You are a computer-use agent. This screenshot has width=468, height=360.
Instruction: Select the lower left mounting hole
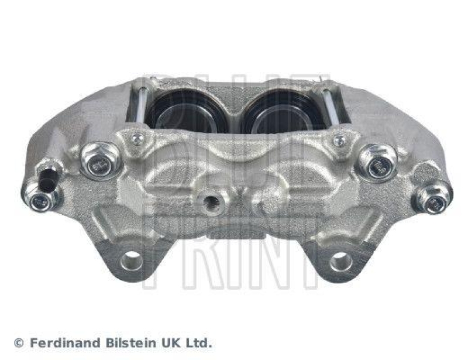coord(131,260)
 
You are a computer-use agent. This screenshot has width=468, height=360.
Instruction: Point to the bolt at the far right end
coord(433,200)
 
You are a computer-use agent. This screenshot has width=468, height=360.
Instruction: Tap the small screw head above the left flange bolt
coord(137,139)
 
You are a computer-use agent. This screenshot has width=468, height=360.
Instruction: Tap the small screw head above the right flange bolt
coord(339,140)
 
